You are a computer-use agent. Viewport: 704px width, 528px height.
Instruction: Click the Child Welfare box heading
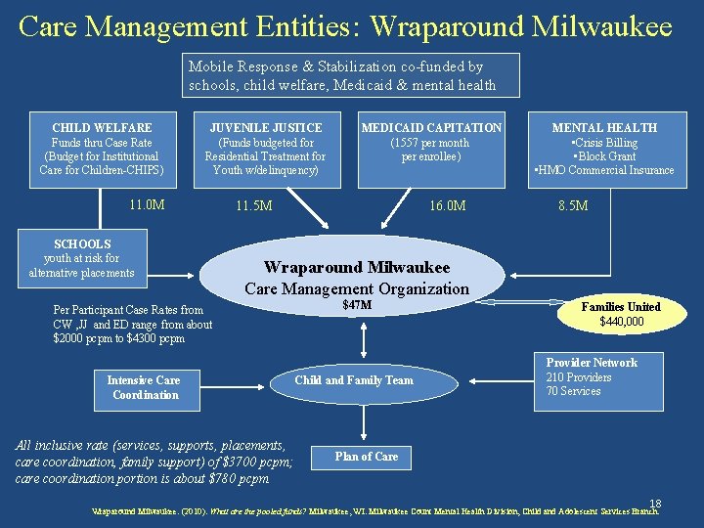[x=102, y=128]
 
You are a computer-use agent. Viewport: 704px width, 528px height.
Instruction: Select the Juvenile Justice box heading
[x=266, y=128]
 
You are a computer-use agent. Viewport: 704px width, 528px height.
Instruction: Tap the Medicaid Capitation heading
[x=431, y=128]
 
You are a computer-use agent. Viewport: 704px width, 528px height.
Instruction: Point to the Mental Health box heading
[x=604, y=128]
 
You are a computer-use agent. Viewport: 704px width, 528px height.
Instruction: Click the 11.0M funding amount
[x=147, y=205]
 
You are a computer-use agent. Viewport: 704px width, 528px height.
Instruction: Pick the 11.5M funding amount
[x=254, y=206]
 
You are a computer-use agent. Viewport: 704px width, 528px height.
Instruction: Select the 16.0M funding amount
[x=448, y=206]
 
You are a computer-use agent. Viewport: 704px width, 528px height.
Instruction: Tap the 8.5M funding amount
[x=573, y=206]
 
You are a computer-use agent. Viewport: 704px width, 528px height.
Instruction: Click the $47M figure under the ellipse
[x=357, y=306]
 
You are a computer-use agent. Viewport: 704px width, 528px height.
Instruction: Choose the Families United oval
[x=621, y=314]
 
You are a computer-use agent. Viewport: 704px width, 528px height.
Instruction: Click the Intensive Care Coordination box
[x=145, y=387]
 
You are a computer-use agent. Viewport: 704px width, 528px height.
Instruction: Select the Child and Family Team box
[x=354, y=380]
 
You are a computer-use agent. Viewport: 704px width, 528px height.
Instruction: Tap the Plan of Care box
[x=367, y=457]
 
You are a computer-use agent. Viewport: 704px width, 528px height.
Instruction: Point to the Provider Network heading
[x=592, y=363]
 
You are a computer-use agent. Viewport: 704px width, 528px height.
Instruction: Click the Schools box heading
[x=82, y=244]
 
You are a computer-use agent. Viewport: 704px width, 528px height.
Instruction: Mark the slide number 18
[x=655, y=503]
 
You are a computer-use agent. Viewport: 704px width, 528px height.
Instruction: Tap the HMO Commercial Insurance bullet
[x=604, y=170]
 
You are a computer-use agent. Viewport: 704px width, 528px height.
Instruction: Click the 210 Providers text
[x=579, y=377]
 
